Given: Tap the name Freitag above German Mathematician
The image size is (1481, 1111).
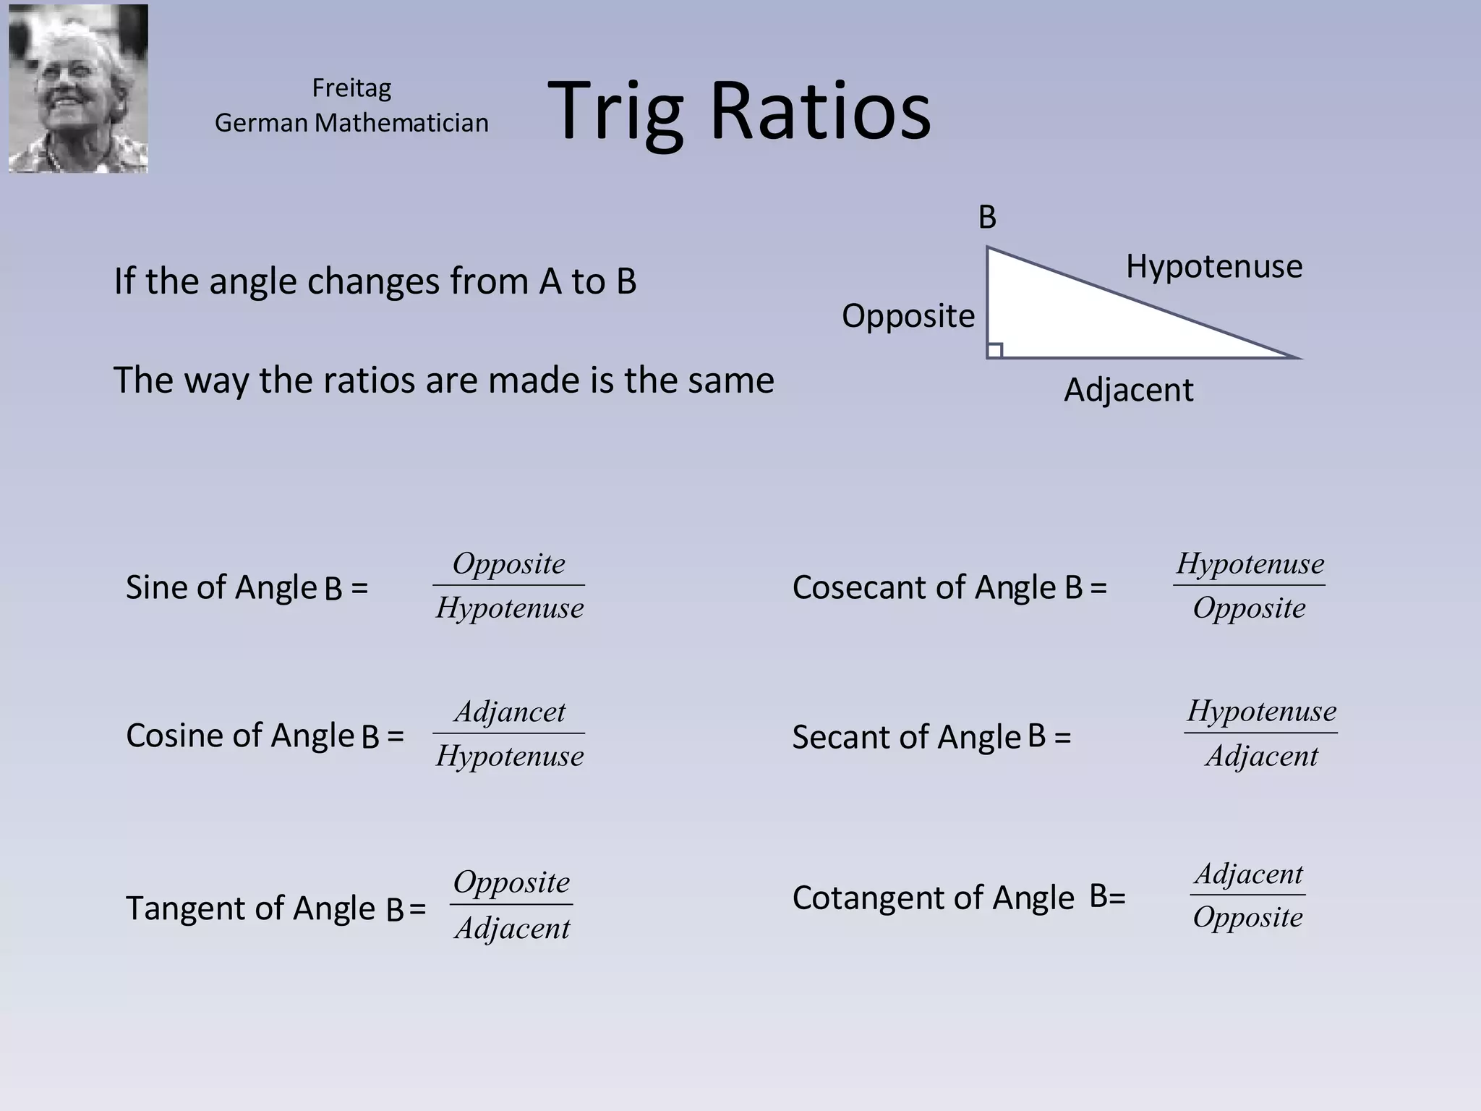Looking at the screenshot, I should coord(351,88).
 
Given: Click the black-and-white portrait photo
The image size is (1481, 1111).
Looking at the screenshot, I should coord(78,88).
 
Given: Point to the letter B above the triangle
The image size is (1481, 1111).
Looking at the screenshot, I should coord(987,217).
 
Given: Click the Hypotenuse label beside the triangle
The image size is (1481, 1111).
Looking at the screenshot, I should coord(1213,266).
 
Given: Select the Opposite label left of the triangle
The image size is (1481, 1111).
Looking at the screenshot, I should coord(908,316).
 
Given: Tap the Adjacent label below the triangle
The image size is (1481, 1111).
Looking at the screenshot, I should coord(1128,391).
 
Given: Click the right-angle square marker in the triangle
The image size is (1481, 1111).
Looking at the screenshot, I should coord(995,351).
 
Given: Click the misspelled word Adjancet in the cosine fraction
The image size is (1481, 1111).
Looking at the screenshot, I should coord(509,712).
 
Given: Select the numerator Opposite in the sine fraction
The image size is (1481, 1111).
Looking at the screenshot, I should coord(508,563).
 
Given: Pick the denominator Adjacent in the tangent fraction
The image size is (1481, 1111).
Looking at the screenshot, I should coord(512,928).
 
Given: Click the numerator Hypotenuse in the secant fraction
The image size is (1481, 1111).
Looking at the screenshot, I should coord(1261,711).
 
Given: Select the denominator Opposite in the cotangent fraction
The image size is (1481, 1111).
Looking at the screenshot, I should coord(1247,917).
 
